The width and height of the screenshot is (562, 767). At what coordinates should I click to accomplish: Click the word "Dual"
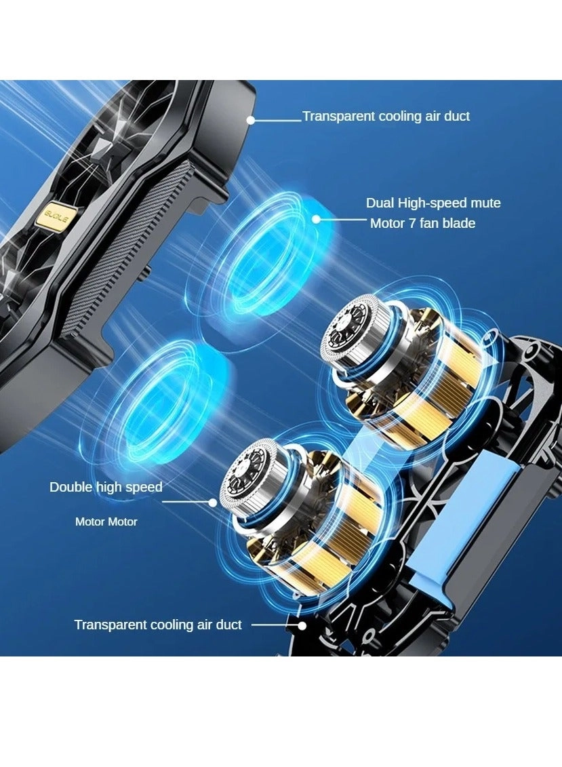pos(380,203)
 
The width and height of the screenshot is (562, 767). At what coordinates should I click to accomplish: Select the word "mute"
pos(485,203)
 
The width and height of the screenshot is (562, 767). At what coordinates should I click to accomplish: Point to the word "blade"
pos(459,224)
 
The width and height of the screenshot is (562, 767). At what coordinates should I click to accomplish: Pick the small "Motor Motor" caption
pos(106,522)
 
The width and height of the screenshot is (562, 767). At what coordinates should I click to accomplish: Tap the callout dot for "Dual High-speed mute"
pos(317,219)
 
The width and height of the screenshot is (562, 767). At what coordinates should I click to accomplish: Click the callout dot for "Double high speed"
pos(213,503)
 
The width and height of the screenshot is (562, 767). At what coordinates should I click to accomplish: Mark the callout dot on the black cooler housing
pos(251,120)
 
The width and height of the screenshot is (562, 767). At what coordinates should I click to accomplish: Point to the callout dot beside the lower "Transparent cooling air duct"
pos(302,625)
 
